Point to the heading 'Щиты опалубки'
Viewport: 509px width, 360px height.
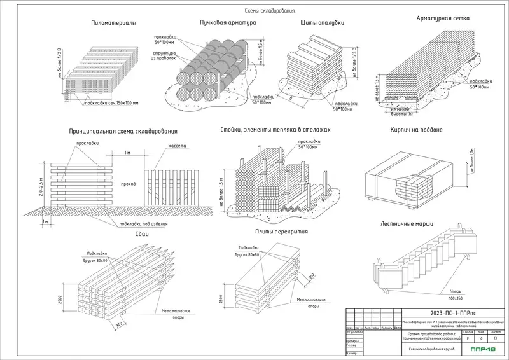[323, 23]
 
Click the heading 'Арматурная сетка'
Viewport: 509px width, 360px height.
[443, 18]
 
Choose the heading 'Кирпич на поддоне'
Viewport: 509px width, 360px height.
[416, 130]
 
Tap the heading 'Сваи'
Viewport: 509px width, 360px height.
[141, 235]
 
